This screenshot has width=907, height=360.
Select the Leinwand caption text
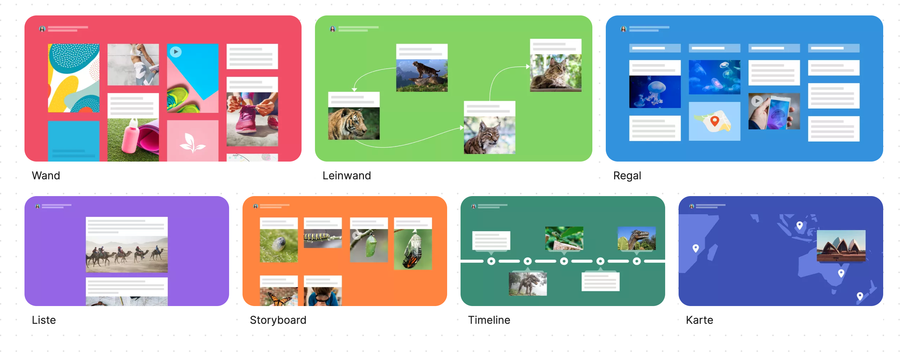click(x=346, y=175)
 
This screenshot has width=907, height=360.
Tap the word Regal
click(x=627, y=175)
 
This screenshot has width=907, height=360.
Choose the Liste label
click(x=44, y=320)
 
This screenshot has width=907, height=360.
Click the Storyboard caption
click(x=278, y=320)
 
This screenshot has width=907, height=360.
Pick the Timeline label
click(x=489, y=320)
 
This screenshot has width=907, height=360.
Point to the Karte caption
click(x=699, y=320)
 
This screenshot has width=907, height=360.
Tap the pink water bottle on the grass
click(x=129, y=137)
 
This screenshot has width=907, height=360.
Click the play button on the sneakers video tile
click(x=175, y=52)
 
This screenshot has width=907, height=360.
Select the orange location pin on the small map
click(x=714, y=121)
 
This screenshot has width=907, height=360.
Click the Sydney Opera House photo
click(x=841, y=245)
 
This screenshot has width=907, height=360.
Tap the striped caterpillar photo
click(x=323, y=238)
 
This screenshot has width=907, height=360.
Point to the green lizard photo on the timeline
click(x=564, y=238)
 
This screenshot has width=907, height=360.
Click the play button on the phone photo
click(x=757, y=101)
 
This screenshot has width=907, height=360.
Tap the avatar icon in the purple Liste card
click(x=38, y=206)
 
